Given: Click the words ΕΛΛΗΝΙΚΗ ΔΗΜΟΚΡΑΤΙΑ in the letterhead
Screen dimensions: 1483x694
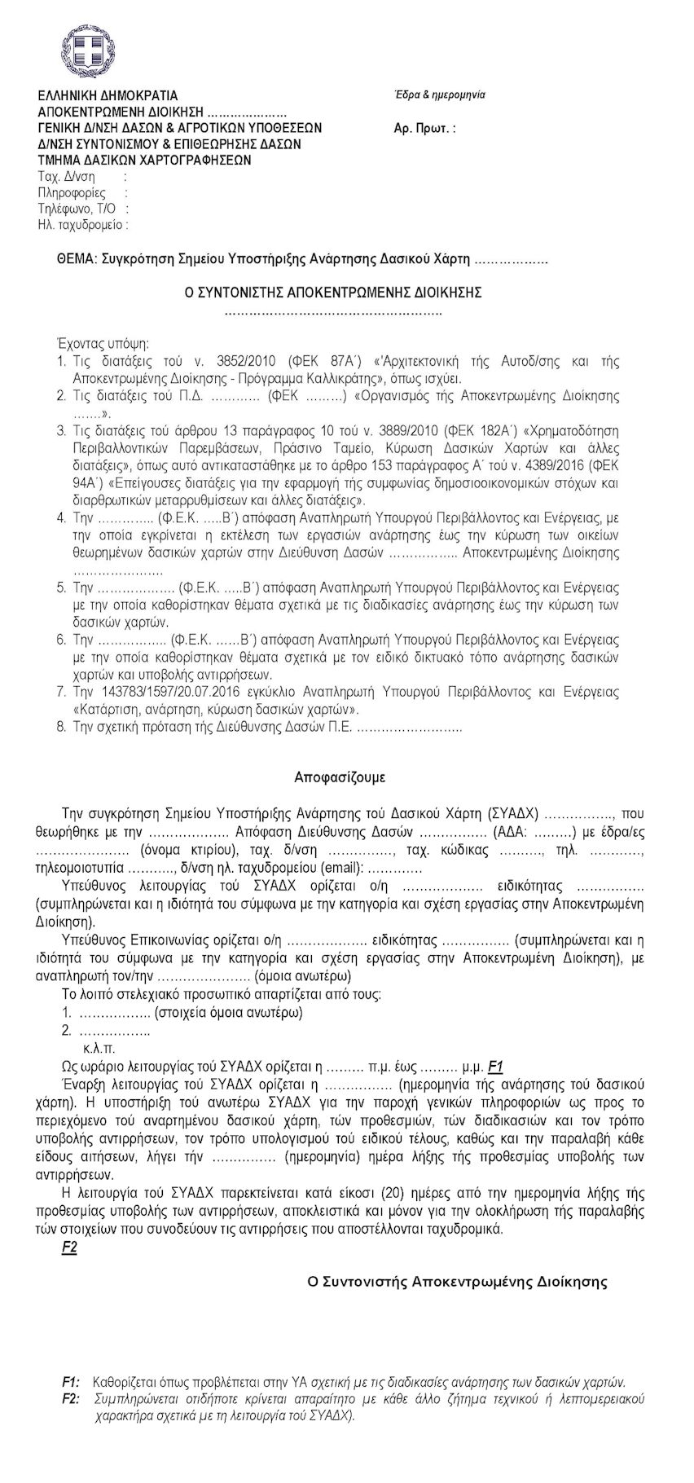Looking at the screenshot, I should pos(108,96).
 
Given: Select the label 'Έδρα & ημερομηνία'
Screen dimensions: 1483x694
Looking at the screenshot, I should pos(439,95).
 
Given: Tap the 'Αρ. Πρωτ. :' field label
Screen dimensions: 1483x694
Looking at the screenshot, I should pos(424,128).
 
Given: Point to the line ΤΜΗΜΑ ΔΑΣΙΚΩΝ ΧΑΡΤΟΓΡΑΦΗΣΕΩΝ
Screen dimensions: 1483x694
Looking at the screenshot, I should pos(144,161).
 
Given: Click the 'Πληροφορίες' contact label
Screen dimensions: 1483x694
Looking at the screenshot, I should pos(72,193).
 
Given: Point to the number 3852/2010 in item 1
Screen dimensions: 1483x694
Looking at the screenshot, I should pos(246,361).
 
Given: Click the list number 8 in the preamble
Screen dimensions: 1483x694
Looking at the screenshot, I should pos(61,727).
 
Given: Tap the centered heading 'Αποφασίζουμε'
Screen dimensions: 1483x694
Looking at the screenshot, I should pos(340,777).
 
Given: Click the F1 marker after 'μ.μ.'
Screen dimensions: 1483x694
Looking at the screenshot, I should pos(496,1067).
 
